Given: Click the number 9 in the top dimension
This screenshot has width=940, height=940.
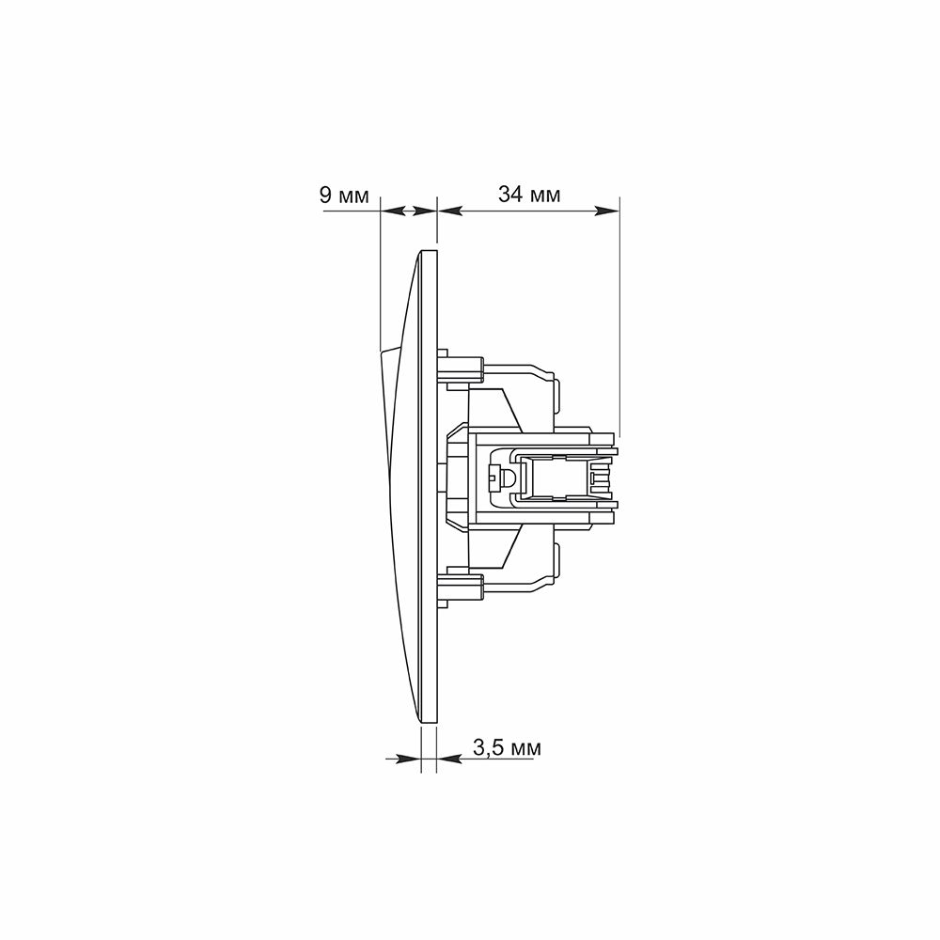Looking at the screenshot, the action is (326, 196).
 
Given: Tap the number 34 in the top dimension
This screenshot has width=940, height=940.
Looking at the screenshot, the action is (509, 195).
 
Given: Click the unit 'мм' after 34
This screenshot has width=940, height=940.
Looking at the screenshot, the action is (545, 196).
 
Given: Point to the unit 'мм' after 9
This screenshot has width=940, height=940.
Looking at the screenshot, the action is (353, 197).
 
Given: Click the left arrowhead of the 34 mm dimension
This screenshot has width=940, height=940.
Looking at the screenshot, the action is (451, 211).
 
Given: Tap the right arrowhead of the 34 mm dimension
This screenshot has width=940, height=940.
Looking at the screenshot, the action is (606, 211).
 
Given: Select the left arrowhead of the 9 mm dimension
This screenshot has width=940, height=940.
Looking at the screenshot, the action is (393, 211).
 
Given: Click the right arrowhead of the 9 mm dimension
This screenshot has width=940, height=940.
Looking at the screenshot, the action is (425, 211).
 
